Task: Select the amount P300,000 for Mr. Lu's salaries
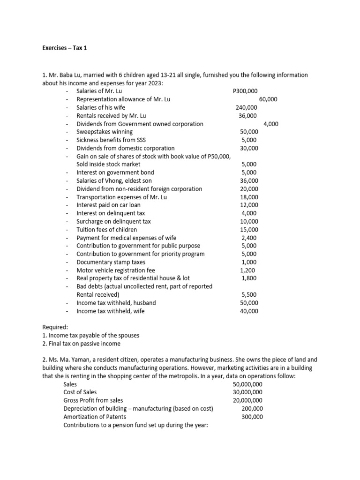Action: [x=245, y=91]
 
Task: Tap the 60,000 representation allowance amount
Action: [x=268, y=99]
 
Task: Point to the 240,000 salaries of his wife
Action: [x=246, y=107]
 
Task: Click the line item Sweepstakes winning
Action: [x=105, y=132]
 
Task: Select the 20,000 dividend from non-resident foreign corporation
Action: [x=249, y=189]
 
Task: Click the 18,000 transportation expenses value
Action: [x=249, y=197]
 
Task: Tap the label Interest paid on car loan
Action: [x=108, y=205]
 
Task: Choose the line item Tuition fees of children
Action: [x=107, y=230]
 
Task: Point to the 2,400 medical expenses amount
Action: [x=249, y=238]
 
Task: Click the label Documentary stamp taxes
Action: [x=111, y=262]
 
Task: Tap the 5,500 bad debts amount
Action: [x=249, y=295]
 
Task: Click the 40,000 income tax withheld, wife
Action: [x=249, y=311]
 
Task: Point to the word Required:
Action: [x=55, y=327]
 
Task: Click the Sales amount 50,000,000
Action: [x=247, y=384]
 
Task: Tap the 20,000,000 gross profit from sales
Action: [x=247, y=400]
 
